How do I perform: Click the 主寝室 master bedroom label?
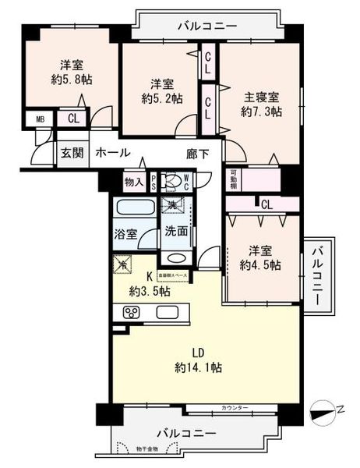pyautogui.click(x=259, y=97)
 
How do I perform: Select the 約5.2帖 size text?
pyautogui.click(x=162, y=99)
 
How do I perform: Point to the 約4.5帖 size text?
pyautogui.click(x=259, y=265)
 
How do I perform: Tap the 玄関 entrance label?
pyautogui.click(x=72, y=154)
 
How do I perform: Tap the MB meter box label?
pyautogui.click(x=40, y=119)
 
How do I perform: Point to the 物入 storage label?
pyautogui.click(x=134, y=183)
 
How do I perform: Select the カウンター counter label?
pyautogui.click(x=234, y=408)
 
